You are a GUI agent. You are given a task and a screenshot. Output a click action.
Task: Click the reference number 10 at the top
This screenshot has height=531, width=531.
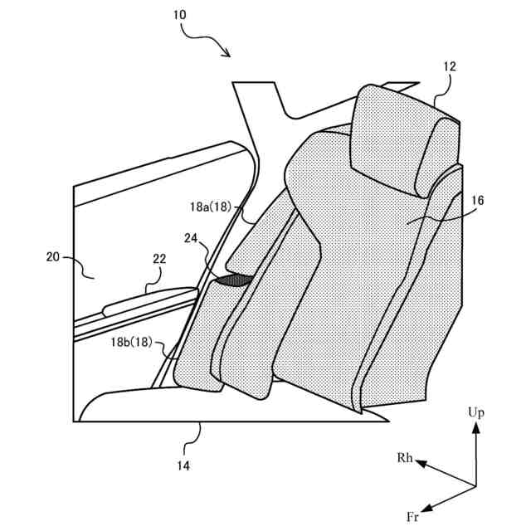[x=182, y=14]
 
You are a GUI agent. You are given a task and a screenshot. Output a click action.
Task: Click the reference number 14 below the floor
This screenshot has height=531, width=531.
[x=183, y=465]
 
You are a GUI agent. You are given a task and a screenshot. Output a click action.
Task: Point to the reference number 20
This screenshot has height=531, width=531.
[x=53, y=257]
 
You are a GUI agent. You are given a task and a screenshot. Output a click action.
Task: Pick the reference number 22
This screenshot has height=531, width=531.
[x=159, y=259]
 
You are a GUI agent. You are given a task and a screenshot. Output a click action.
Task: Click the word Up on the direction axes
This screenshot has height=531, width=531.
[x=475, y=412]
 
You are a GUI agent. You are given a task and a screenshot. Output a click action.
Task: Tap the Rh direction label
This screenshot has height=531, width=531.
[x=404, y=457]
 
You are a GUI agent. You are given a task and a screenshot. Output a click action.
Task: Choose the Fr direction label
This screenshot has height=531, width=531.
[x=412, y=516]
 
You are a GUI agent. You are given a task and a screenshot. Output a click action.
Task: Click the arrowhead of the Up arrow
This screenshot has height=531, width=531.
[x=475, y=426]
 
